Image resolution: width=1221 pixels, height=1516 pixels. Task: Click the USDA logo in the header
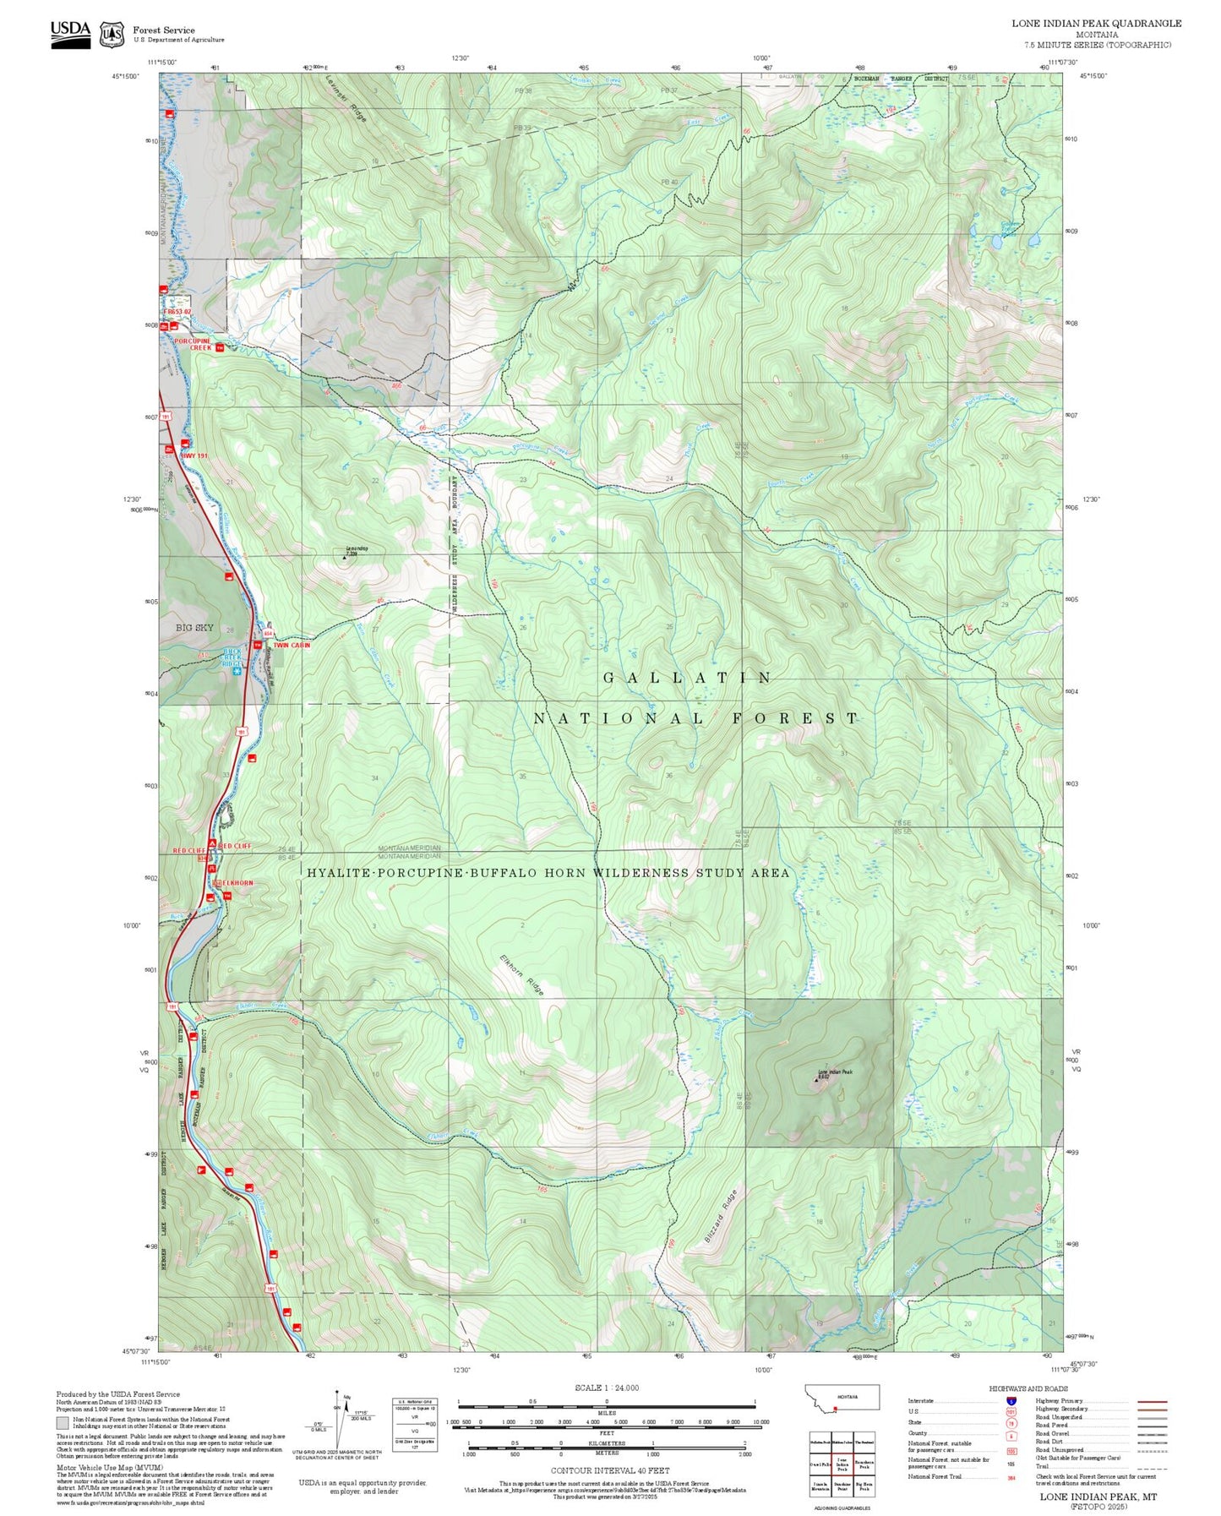pos(70,34)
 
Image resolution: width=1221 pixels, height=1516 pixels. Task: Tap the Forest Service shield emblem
pos(112,35)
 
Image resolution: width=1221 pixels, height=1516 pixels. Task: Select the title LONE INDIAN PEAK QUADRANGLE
pos(1096,23)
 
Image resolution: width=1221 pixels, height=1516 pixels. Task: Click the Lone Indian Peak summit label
pos(835,1073)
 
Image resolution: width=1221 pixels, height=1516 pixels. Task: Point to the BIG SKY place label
pos(194,628)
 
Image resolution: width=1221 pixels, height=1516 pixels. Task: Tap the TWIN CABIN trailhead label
pos(292,645)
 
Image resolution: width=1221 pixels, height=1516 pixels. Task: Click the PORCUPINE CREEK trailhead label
pos(194,344)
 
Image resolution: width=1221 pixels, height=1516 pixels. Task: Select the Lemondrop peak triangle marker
pos(345,557)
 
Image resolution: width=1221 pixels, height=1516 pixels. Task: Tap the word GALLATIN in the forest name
pos(688,678)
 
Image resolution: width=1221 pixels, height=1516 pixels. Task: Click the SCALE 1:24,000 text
pos(606,1388)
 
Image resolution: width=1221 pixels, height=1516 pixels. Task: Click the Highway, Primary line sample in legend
pos(1153,1401)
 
